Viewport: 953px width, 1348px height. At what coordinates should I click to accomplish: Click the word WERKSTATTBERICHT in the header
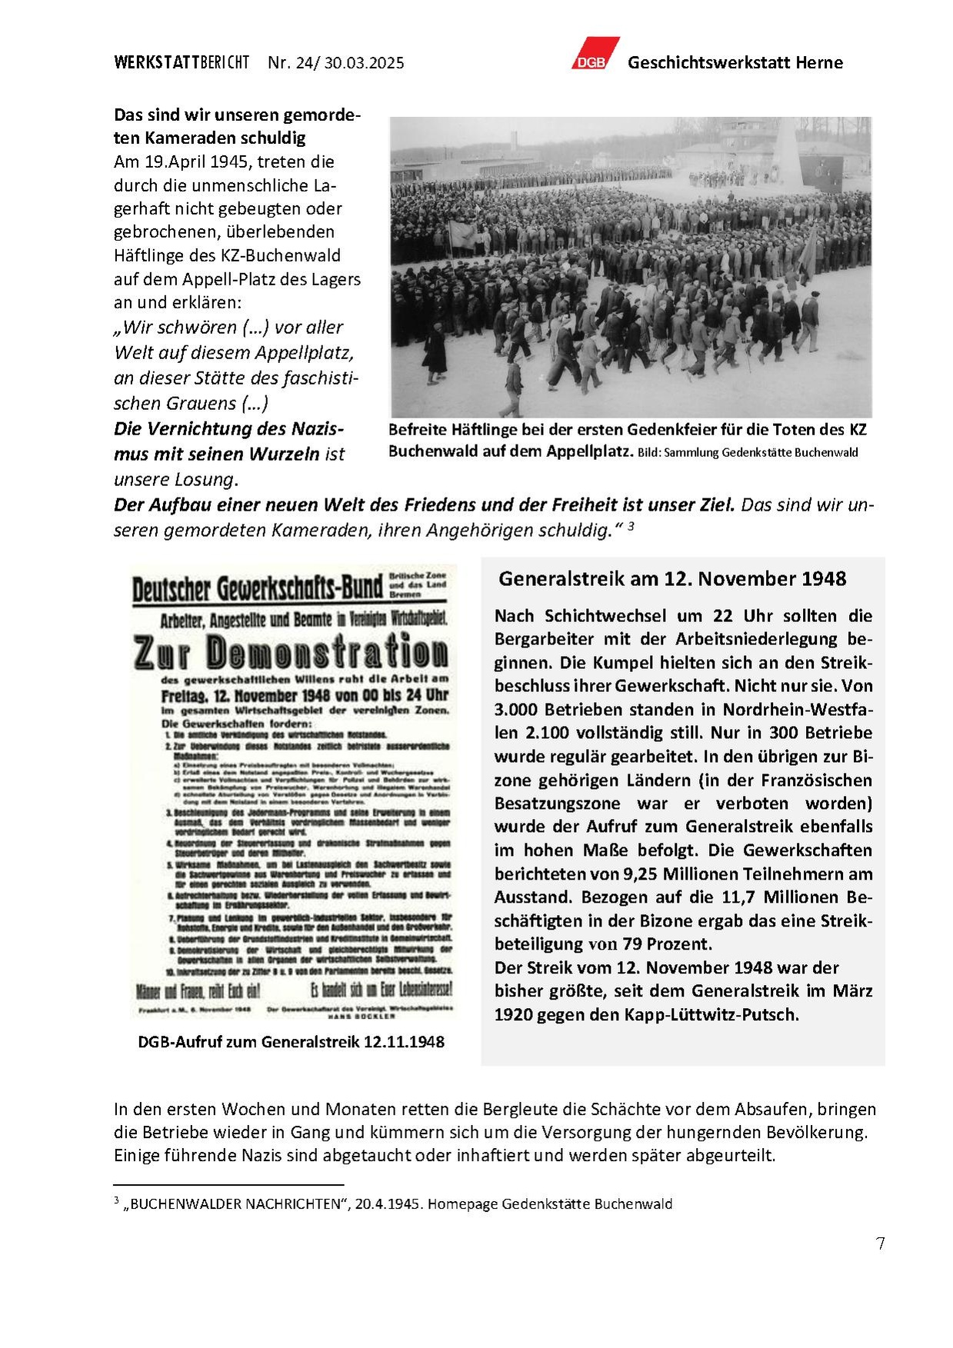coord(182,63)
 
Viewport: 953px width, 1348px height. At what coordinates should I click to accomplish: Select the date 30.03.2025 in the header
coord(364,63)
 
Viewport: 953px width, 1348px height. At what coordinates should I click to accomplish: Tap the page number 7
coord(880,1243)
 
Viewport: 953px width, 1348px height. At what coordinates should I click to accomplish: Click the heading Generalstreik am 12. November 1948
coord(672,579)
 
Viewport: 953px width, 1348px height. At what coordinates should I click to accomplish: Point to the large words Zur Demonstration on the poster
coord(291,653)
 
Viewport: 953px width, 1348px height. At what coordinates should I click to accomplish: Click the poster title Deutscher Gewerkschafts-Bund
coord(258,589)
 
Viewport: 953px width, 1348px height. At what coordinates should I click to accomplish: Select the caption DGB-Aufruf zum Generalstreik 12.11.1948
coord(291,1042)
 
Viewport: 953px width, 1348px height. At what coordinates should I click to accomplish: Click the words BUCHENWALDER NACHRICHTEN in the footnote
coord(232,1204)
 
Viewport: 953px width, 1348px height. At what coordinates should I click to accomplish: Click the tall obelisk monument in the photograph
coord(787,154)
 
